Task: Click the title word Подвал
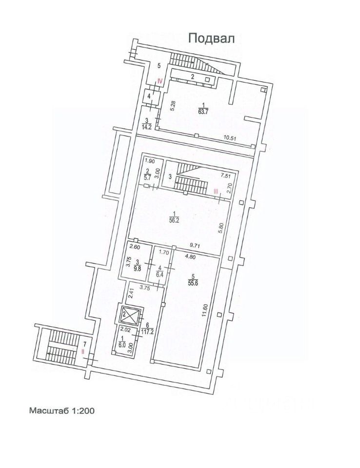pos(212,39)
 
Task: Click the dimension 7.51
pos(225,176)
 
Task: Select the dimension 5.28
pos(173,106)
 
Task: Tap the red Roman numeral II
pos(83,351)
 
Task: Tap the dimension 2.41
pos(131,294)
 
